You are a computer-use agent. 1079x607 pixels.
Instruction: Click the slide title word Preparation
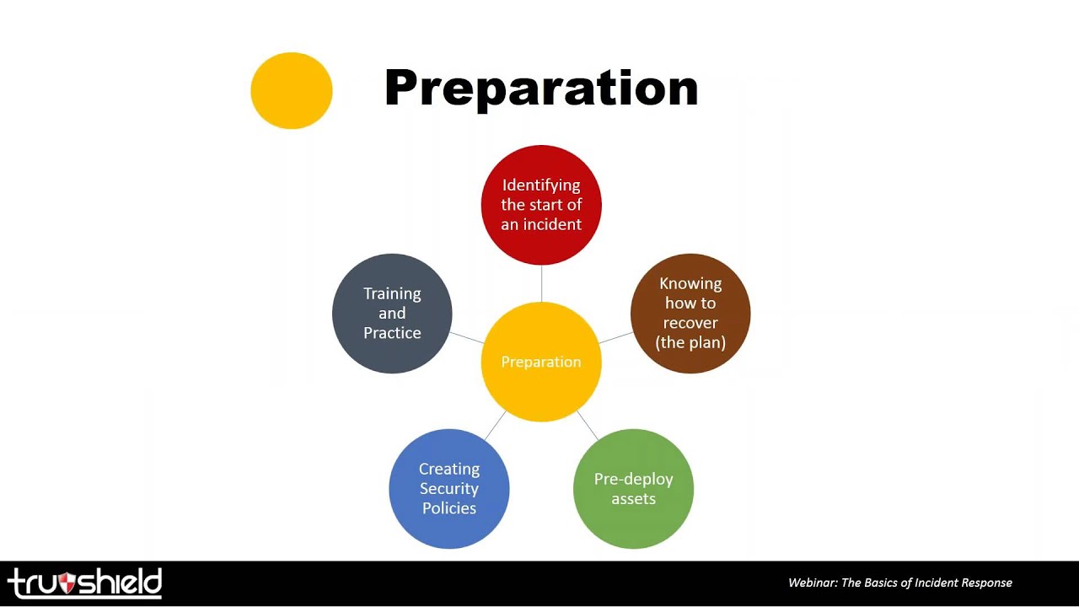(x=540, y=88)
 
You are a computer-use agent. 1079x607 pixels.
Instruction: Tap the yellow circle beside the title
(x=292, y=90)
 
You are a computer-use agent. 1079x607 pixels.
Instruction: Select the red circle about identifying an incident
(x=541, y=205)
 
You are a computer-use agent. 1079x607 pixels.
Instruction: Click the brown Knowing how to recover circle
(x=690, y=313)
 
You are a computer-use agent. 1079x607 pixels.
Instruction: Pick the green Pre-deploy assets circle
(x=633, y=489)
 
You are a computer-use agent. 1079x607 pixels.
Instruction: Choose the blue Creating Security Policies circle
(x=449, y=489)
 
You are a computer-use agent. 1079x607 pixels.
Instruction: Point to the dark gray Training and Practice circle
(x=392, y=313)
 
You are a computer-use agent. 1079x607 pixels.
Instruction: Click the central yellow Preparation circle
(x=541, y=362)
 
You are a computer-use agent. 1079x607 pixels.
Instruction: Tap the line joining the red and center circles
(x=541, y=283)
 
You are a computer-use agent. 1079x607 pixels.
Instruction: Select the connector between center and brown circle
(x=616, y=337)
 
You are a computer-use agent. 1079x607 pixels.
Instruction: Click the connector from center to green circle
(x=588, y=426)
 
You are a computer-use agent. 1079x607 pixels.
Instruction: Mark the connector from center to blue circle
(x=495, y=426)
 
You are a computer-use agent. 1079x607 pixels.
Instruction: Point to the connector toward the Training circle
(x=467, y=337)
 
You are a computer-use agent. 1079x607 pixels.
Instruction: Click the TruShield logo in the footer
(x=84, y=583)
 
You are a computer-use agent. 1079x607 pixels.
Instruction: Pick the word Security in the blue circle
(x=449, y=489)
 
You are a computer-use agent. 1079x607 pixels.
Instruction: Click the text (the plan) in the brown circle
(x=690, y=342)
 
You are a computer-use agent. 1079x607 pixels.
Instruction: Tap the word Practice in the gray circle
(x=392, y=333)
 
